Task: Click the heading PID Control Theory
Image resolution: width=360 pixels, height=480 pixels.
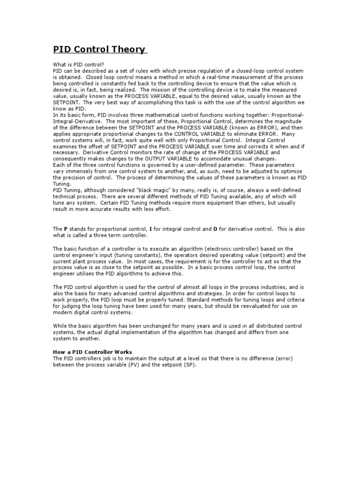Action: [x=99, y=50]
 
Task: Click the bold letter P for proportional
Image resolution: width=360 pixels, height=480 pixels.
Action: [x=66, y=229]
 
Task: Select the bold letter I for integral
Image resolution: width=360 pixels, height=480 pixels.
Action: [x=150, y=229]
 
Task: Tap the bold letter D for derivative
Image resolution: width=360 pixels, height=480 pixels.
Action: [x=215, y=229]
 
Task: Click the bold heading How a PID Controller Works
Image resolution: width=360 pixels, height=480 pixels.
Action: [x=93, y=352]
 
